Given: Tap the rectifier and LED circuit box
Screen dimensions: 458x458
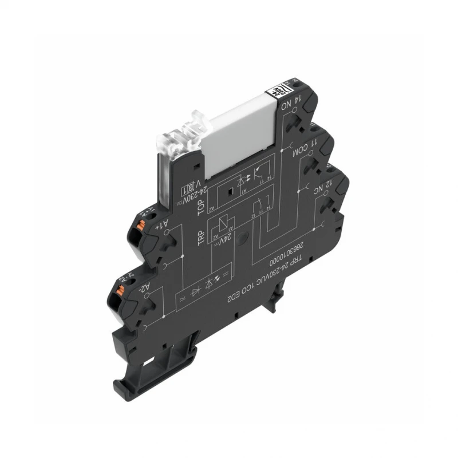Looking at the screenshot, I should point(203,283).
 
